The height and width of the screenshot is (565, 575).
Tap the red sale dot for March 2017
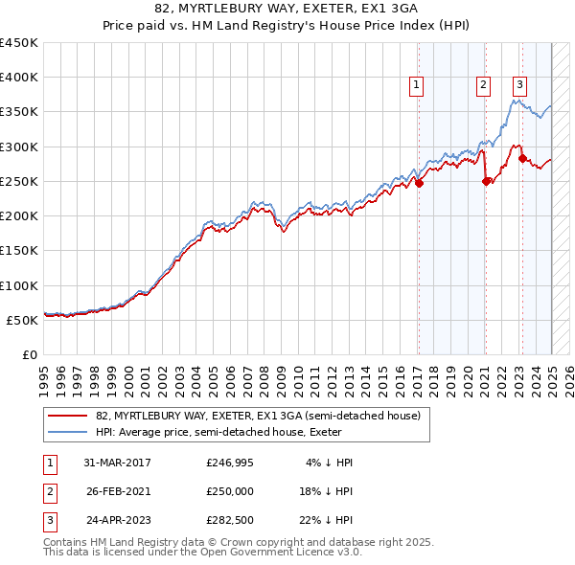pyautogui.click(x=419, y=184)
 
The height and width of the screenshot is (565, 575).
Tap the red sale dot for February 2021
pyautogui.click(x=486, y=181)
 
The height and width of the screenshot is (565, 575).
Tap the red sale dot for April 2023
pyautogui.click(x=522, y=159)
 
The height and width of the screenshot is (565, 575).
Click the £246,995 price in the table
pyautogui.click(x=229, y=463)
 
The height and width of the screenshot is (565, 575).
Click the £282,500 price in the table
pyautogui.click(x=229, y=522)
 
